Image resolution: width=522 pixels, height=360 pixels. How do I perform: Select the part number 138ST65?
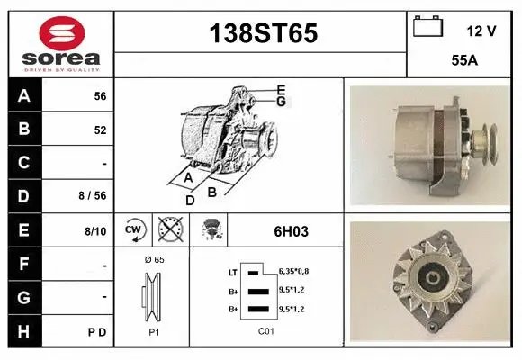[x=263, y=33]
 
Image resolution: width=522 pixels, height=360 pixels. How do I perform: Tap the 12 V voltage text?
[x=481, y=31]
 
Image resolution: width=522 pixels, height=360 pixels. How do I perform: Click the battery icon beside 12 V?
[x=427, y=28]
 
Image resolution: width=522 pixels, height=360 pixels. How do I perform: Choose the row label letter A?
[x=24, y=96]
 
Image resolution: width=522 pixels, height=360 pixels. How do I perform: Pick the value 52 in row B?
[x=100, y=130]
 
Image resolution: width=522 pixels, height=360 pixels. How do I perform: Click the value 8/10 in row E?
[x=95, y=231]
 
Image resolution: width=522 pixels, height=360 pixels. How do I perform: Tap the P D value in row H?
[x=98, y=332]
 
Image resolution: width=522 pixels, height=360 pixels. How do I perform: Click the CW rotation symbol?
[x=134, y=230]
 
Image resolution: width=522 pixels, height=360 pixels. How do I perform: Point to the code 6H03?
[x=291, y=231]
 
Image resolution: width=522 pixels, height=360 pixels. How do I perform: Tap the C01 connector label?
[x=265, y=331]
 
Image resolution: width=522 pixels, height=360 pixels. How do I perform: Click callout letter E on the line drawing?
[x=281, y=89]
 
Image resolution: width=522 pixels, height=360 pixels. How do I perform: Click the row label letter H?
[x=24, y=331]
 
